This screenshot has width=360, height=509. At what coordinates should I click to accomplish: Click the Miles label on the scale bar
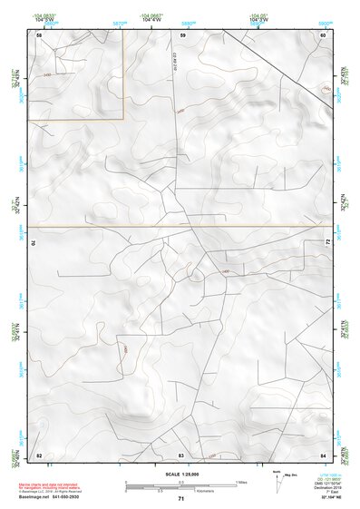(x=240, y=482)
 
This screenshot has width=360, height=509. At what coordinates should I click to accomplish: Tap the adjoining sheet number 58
(x=39, y=34)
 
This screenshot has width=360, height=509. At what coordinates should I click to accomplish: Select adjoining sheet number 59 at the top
(x=182, y=34)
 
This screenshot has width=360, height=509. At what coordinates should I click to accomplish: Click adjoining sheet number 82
(x=39, y=454)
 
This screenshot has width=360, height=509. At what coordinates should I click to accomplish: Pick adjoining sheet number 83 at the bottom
(x=181, y=454)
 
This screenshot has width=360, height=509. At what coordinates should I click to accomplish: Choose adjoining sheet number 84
(x=323, y=454)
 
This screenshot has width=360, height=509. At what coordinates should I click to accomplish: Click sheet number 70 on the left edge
(x=37, y=243)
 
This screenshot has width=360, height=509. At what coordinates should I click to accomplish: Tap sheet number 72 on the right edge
(x=326, y=240)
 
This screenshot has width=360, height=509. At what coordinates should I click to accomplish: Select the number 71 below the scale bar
(x=181, y=500)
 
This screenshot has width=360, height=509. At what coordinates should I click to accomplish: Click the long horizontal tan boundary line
(x=181, y=226)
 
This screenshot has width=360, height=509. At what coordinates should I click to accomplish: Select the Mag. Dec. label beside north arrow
(x=293, y=475)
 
